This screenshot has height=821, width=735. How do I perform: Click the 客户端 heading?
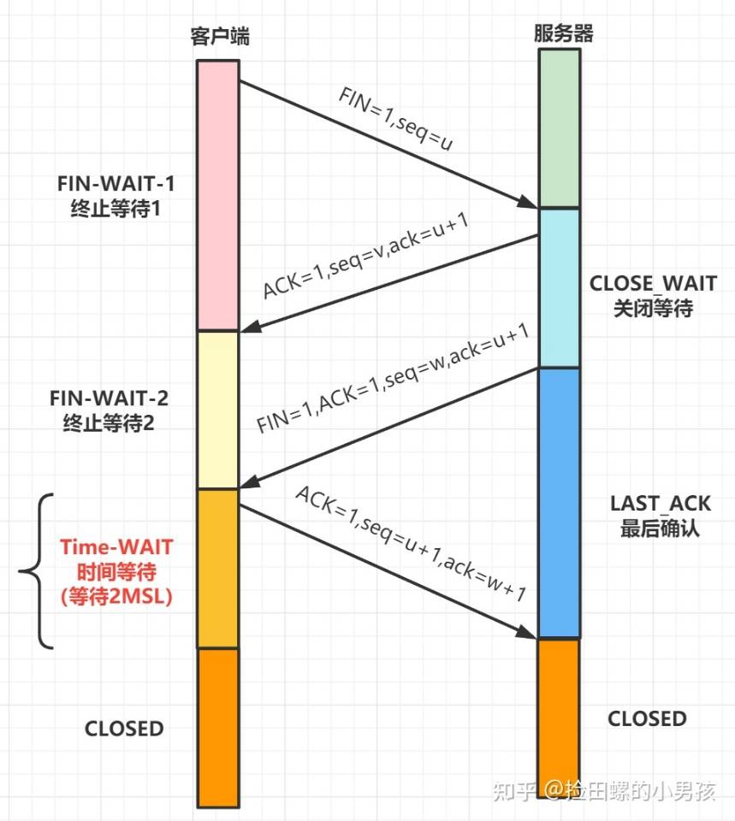click(221, 37)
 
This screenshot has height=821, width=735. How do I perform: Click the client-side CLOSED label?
click(123, 729)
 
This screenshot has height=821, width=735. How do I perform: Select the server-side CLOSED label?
click(647, 718)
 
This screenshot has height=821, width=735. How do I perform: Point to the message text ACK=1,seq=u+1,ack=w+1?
click(410, 545)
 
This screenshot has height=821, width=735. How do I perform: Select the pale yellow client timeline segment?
click(217, 410)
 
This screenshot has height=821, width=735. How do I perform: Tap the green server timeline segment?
click(559, 127)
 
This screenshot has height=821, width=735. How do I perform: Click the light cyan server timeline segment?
click(559, 287)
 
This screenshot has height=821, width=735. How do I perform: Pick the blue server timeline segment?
click(559, 502)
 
